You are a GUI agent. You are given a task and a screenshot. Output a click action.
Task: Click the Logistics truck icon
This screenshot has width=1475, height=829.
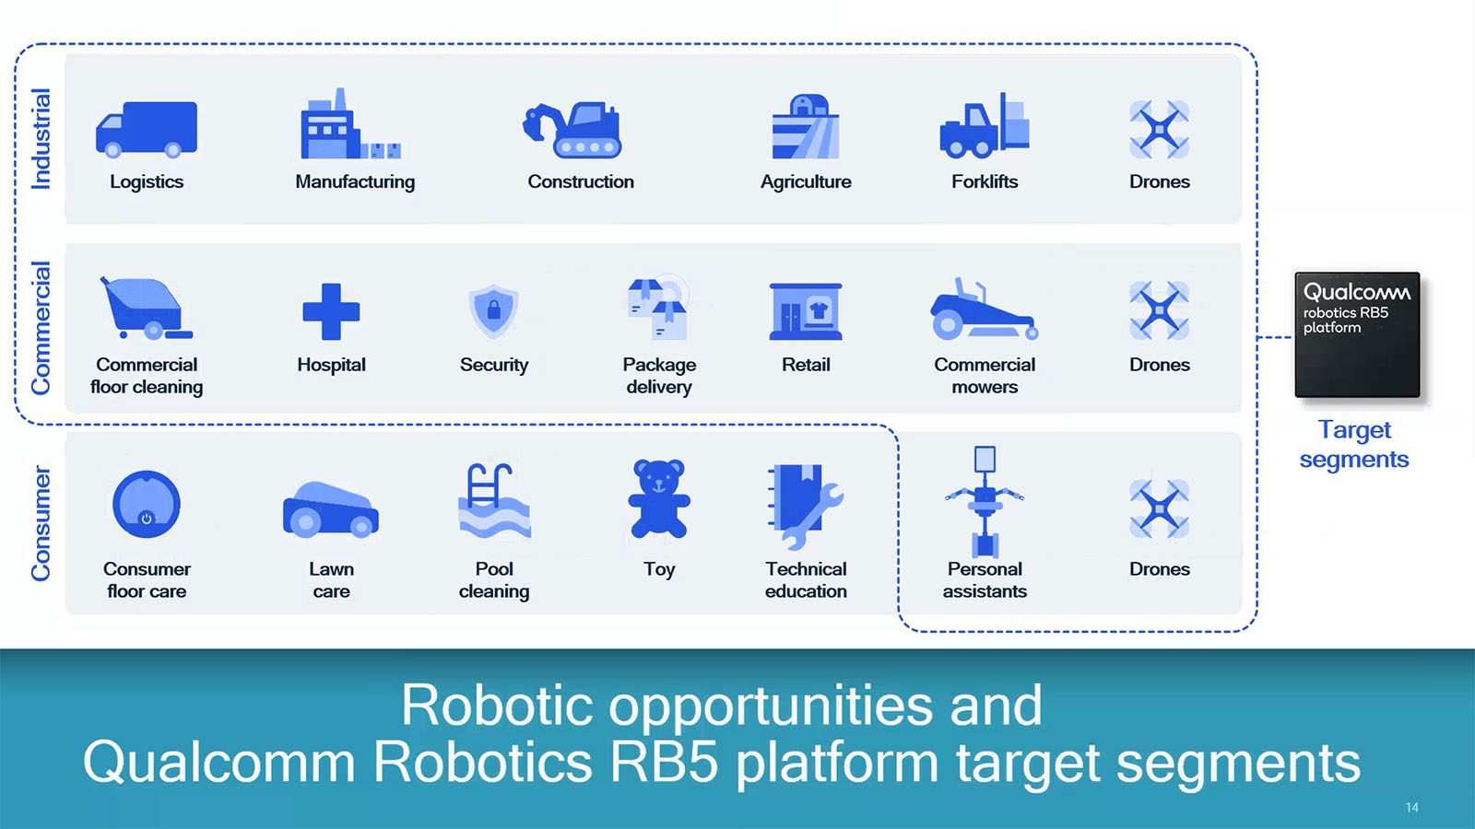tap(147, 130)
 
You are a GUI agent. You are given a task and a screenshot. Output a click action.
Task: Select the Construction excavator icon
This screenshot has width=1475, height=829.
tap(572, 130)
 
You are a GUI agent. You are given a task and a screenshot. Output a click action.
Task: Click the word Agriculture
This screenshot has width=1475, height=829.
tap(806, 181)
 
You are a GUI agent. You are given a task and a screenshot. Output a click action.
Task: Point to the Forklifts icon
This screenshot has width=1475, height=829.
tap(985, 125)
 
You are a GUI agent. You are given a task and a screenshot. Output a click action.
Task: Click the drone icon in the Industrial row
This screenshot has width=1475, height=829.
tap(1159, 130)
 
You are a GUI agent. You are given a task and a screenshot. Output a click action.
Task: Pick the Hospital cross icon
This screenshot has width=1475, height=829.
tap(331, 311)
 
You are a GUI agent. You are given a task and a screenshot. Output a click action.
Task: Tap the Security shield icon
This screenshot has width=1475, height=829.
tap(493, 311)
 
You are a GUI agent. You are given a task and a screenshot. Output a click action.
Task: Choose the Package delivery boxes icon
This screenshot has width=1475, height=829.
tap(658, 309)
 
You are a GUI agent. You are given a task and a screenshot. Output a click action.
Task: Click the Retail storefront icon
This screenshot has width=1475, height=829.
tap(806, 311)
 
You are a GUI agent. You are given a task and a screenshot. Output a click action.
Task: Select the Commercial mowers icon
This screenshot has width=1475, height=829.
tap(985, 309)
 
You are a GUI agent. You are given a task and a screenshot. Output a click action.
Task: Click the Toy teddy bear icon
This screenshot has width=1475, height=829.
tap(658, 498)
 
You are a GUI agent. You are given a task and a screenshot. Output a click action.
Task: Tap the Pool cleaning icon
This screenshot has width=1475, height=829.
tap(494, 501)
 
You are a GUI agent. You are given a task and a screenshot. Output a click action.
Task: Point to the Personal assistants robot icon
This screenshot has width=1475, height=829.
tap(985, 502)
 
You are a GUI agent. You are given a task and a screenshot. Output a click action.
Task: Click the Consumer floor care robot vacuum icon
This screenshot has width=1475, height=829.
tap(147, 504)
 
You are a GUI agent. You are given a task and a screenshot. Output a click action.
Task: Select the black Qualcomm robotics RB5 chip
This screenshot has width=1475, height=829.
tap(1357, 335)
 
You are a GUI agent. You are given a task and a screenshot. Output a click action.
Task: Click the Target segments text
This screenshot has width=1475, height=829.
tap(1354, 444)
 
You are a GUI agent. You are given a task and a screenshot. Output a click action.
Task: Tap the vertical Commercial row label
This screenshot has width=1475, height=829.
tap(41, 328)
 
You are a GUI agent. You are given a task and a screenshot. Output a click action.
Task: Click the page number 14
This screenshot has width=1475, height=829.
tap(1411, 807)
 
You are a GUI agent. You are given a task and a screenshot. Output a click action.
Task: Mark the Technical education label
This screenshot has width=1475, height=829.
tap(806, 579)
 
